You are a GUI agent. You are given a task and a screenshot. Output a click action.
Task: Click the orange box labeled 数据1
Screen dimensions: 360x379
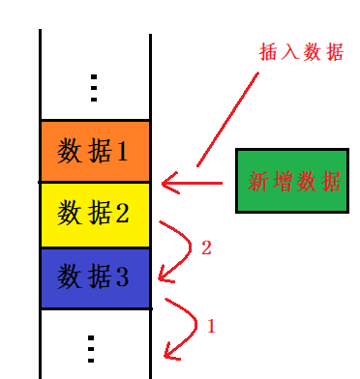(x=95, y=151)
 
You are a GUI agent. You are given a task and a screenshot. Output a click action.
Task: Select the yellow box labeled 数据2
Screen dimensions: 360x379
(x=95, y=214)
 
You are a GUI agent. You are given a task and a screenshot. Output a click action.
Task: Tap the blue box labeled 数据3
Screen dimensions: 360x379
(x=95, y=277)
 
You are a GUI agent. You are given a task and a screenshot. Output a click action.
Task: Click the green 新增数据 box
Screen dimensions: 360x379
(x=292, y=181)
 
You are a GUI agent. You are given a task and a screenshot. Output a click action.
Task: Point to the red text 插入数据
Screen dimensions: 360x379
(x=300, y=52)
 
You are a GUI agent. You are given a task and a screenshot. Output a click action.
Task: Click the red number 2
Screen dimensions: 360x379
(x=206, y=248)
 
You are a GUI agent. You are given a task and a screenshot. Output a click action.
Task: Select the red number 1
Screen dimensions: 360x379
(x=211, y=327)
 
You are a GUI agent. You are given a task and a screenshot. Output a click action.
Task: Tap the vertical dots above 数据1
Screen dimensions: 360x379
(x=94, y=88)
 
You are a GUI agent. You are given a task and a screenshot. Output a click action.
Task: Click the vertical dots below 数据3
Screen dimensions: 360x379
(x=91, y=347)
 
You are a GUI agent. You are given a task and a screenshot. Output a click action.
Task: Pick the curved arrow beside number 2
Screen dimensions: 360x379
(x=176, y=249)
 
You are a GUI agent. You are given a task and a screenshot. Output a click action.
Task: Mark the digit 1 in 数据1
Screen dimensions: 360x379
(x=122, y=151)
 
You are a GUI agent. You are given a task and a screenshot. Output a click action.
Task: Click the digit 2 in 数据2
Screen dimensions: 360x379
(x=122, y=213)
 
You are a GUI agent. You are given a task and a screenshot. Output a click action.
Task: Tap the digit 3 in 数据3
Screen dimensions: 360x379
(x=122, y=277)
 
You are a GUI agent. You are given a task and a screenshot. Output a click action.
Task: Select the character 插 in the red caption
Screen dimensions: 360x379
(x=268, y=52)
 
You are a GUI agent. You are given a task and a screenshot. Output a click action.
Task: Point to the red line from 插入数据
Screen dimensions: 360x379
(x=228, y=116)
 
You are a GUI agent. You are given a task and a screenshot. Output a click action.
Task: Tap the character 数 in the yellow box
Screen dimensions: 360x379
(x=70, y=213)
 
